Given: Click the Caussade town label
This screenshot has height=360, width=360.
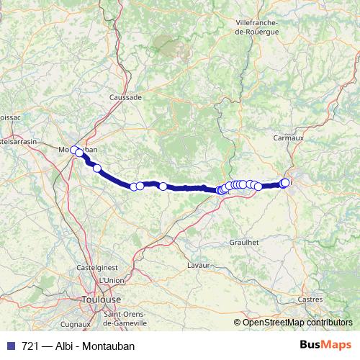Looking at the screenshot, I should tap(125, 96).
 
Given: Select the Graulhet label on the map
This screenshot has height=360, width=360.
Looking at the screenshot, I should tap(243, 243).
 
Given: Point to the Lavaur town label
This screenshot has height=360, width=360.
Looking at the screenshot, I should tap(197, 266).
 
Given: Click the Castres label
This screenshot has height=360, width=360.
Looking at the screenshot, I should tap(310, 299).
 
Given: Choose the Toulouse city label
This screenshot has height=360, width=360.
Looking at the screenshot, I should tap(102, 299).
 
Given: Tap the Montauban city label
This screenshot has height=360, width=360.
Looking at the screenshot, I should tap(77, 150).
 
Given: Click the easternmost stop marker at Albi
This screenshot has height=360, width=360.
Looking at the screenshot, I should tap(286, 182).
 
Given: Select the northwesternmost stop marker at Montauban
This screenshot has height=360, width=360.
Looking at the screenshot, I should tap(74, 150).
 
